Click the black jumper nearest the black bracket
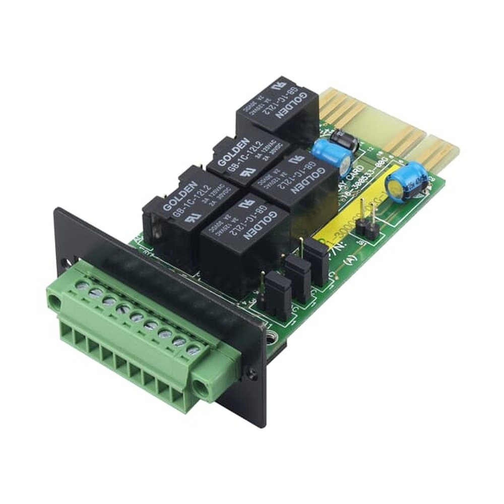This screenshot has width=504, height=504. tap(278, 297)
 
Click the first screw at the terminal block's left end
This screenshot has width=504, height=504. tap(81, 286)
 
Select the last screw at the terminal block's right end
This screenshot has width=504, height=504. tap(192, 349)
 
